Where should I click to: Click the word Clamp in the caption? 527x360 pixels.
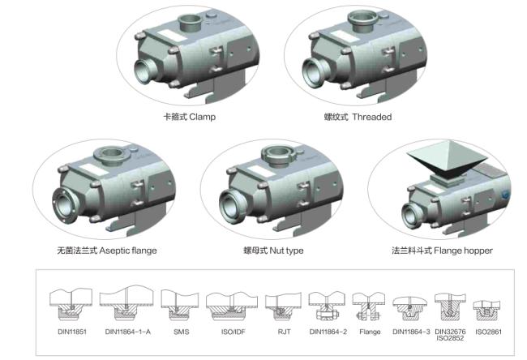[x=203, y=117]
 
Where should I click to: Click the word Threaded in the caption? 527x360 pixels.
[x=372, y=117]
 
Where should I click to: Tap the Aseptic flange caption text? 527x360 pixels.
[x=128, y=251]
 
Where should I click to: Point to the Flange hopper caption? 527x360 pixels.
[x=463, y=251]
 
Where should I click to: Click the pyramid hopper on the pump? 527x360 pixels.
[x=447, y=160]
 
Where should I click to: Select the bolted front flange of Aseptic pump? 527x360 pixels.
[x=65, y=205]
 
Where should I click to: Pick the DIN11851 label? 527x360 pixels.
[x=72, y=332]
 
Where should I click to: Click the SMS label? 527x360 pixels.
[x=182, y=332]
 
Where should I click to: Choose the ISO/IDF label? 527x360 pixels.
[x=234, y=332]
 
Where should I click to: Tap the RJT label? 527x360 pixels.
[x=284, y=332]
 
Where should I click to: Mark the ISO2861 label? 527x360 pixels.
[x=488, y=332]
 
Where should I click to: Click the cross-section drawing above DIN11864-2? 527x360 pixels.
[x=327, y=306]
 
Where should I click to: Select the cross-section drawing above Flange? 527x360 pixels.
[x=369, y=306]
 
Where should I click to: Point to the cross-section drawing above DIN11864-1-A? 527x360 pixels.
[x=126, y=303]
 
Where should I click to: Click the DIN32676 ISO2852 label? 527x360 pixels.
[x=450, y=335]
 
